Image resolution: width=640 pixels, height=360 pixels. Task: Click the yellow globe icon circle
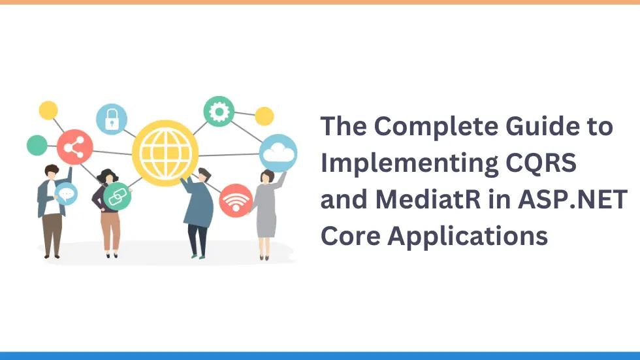[165, 153]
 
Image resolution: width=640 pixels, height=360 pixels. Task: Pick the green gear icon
[219, 112]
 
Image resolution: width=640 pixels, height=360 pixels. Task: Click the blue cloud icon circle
[278, 153]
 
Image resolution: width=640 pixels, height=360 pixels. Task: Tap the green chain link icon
[117, 197]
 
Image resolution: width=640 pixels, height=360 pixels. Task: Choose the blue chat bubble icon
[65, 193]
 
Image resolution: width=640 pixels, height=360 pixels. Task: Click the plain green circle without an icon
[37, 145]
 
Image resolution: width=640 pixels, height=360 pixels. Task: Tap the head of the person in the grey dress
[267, 176]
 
